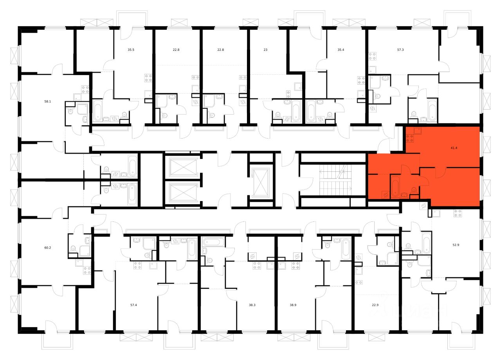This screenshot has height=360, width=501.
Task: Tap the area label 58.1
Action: [48, 101]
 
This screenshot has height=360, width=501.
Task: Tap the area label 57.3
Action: [400, 50]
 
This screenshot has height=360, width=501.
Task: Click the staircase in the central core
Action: [335, 178]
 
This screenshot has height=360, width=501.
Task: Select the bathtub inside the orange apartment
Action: [395, 187]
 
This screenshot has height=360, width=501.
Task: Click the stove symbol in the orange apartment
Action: [410, 138]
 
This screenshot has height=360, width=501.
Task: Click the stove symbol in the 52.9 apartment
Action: [457, 213]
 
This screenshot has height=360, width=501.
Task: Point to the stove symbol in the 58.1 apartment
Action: [85, 88]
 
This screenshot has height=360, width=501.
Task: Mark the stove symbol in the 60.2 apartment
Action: [87, 270]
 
